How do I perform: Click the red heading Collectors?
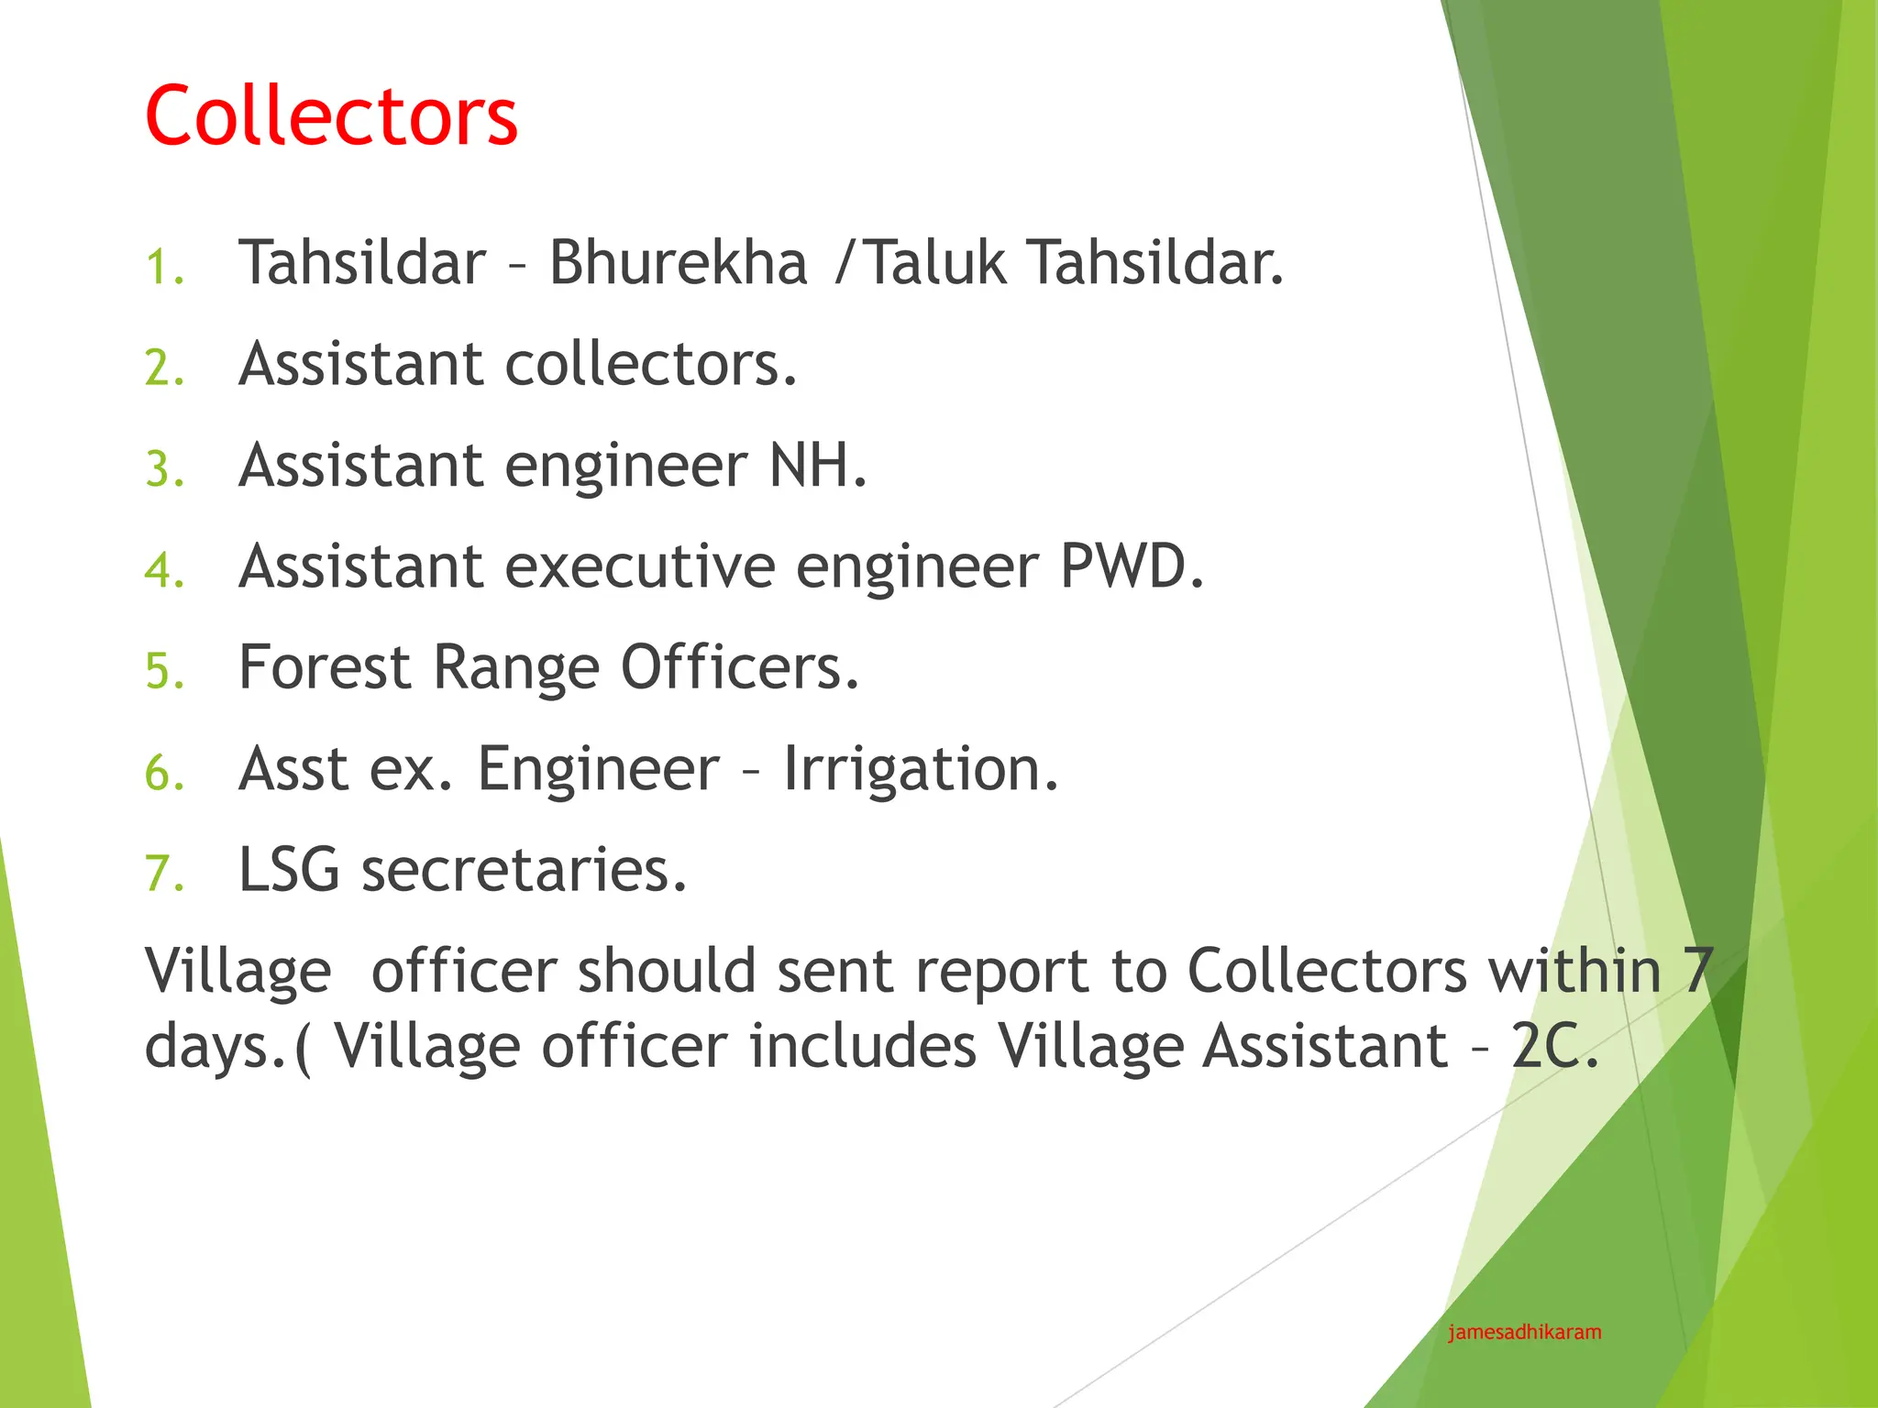pyautogui.click(x=331, y=115)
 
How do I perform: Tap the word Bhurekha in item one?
pyautogui.click(x=678, y=263)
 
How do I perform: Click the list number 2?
pyautogui.click(x=164, y=368)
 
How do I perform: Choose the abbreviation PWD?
pyautogui.click(x=1131, y=566)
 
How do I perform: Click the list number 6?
pyautogui.click(x=164, y=773)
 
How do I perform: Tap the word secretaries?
pyautogui.click(x=523, y=869)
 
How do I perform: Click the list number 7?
pyautogui.click(x=164, y=874)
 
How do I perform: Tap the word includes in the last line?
pyautogui.click(x=862, y=1046)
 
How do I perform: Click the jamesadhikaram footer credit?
pyautogui.click(x=1524, y=1332)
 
